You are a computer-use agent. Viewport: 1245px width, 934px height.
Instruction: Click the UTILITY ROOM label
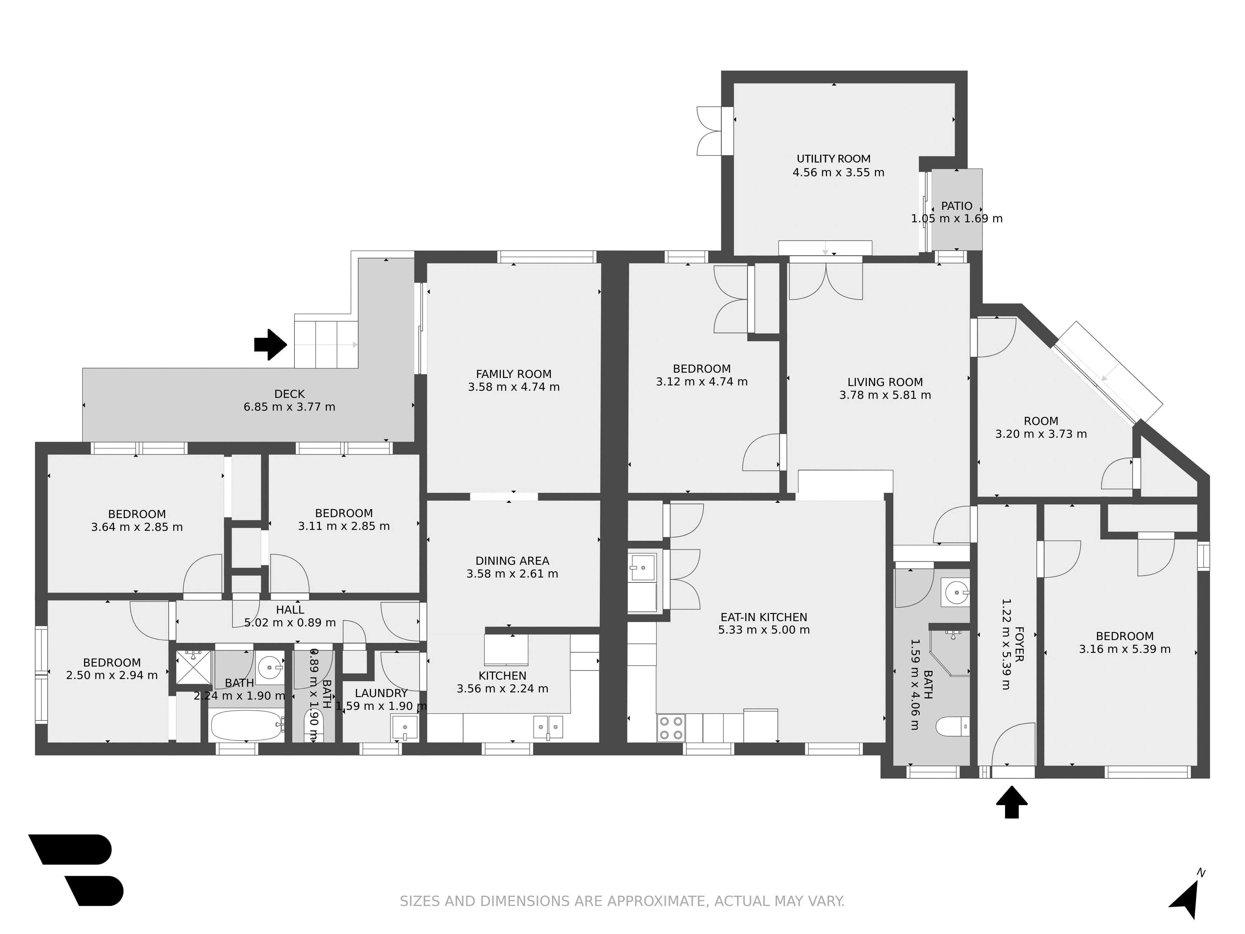[834, 159]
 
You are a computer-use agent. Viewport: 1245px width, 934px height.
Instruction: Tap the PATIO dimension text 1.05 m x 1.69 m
[957, 219]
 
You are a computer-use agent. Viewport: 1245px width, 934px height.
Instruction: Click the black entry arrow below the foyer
[1012, 802]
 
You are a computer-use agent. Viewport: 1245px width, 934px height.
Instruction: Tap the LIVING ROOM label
[885, 382]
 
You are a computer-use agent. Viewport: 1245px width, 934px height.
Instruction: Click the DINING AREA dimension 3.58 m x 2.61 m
[512, 574]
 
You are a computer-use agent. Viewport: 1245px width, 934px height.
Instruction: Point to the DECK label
[289, 394]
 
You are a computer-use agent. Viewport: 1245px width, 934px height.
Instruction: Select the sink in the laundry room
[405, 727]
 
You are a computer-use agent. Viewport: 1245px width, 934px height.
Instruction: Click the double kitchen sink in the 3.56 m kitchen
[547, 726]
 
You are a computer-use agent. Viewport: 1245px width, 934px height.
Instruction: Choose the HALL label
[290, 610]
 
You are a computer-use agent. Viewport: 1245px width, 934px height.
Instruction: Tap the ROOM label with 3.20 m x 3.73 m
[1041, 421]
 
